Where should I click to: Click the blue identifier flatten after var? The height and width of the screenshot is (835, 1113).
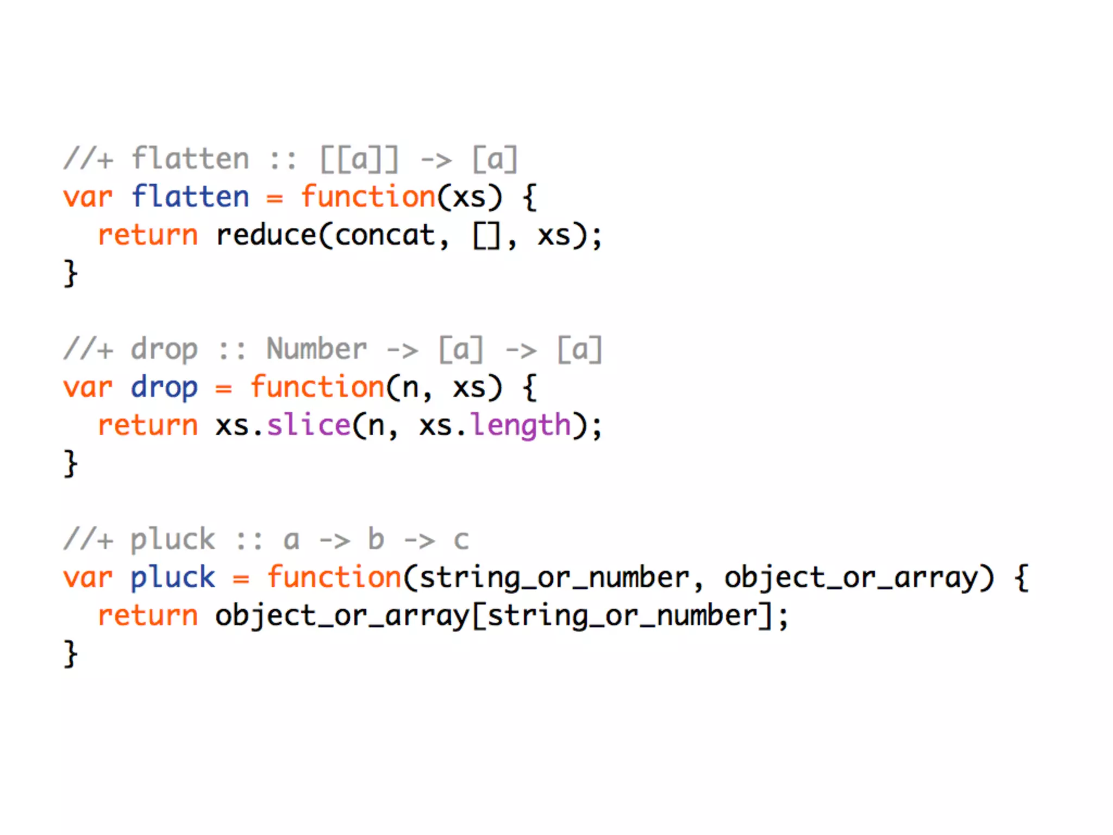(190, 196)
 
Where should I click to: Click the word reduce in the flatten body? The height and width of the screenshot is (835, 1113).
(266, 235)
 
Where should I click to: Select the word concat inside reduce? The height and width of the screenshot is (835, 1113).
(385, 235)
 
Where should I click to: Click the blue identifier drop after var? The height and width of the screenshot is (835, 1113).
(164, 388)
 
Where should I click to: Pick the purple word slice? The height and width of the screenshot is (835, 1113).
(309, 425)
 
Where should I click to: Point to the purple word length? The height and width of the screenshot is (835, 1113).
(521, 426)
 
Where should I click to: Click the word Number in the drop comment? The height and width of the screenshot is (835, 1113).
(316, 348)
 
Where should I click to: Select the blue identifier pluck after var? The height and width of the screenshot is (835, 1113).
(173, 578)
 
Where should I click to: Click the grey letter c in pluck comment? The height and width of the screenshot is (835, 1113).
(461, 540)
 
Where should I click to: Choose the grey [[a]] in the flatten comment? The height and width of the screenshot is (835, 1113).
(359, 159)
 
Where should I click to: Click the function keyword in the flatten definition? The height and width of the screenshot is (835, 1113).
(368, 196)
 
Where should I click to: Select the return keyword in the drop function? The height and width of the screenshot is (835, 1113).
(148, 425)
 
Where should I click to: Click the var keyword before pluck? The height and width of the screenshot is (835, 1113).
(87, 578)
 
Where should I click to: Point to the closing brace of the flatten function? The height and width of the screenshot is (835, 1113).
(71, 273)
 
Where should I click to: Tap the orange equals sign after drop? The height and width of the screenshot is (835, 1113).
(223, 389)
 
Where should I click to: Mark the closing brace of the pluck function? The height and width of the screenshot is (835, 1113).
(71, 653)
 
